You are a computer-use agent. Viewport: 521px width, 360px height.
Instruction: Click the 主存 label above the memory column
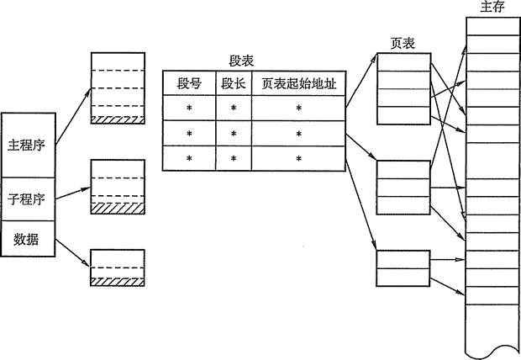pos(492,7)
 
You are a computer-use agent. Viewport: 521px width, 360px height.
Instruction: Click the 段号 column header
pos(189,83)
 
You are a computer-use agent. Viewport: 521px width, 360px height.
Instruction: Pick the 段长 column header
pos(233,83)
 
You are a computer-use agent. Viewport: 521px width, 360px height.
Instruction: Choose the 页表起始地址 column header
pos(297,83)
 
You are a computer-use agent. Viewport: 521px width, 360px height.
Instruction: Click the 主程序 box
pos(27,145)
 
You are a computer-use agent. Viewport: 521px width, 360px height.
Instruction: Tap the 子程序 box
pos(27,199)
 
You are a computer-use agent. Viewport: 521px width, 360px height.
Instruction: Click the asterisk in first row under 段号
pos(189,109)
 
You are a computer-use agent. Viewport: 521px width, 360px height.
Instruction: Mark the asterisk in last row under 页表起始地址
pos(297,159)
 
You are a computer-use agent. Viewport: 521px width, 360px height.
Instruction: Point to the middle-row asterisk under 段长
pos(233,135)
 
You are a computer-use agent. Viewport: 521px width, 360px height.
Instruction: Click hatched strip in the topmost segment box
pos(117,119)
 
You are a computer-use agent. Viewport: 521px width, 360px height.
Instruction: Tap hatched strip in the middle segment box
pos(117,207)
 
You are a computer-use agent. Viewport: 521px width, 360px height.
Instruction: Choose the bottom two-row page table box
pos(403,269)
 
